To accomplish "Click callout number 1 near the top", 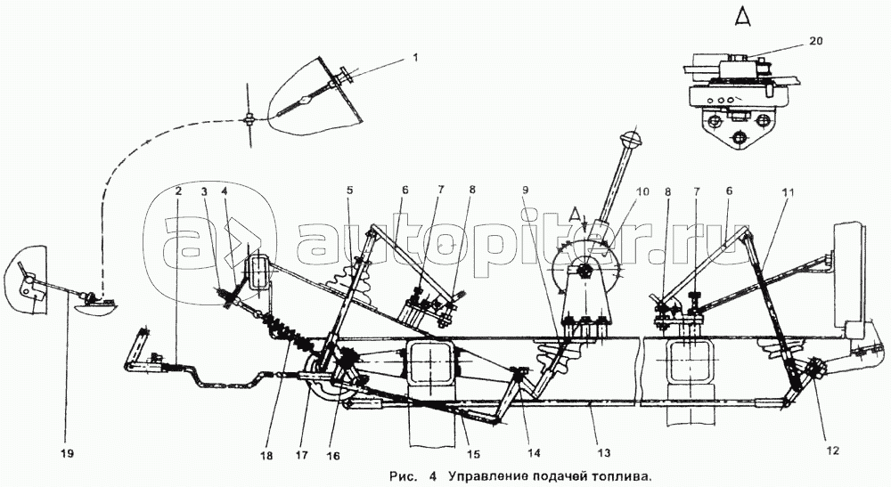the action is (415, 57).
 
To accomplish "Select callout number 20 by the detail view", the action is (815, 41).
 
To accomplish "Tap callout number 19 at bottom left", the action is (67, 453).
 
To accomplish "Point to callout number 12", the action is (832, 450).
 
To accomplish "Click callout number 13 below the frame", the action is (603, 452).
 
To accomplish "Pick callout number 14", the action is (534, 453).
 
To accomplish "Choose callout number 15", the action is (473, 454).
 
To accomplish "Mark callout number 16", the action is (333, 456).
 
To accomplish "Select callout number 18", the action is (266, 455).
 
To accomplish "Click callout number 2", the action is (179, 191).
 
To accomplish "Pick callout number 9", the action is (526, 191).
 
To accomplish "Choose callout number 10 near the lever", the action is (642, 191).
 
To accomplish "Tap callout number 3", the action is (203, 191).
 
